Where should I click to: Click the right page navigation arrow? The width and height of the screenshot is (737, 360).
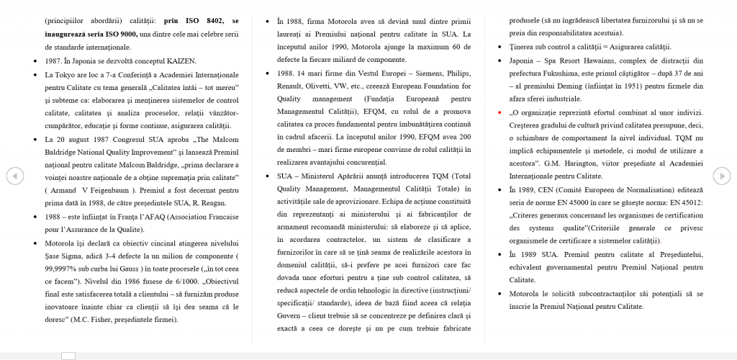[x=722, y=175]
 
